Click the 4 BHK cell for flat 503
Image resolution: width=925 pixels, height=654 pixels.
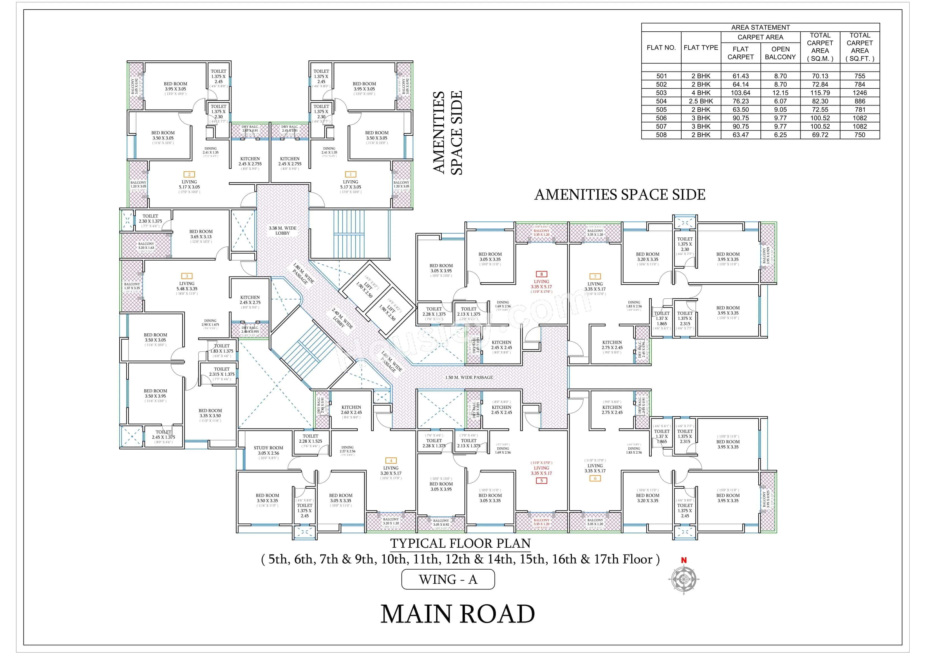(x=701, y=93)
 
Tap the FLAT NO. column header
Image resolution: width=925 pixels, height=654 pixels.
(x=661, y=48)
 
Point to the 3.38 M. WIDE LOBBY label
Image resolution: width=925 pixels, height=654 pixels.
(x=282, y=230)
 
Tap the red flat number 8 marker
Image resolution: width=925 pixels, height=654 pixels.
(x=541, y=274)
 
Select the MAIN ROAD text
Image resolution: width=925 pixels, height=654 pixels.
(x=457, y=614)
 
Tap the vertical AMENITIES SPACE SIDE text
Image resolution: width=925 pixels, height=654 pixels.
(x=447, y=133)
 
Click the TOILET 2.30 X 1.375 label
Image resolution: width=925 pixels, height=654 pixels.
(x=150, y=218)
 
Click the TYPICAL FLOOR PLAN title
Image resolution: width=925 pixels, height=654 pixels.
(x=460, y=544)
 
